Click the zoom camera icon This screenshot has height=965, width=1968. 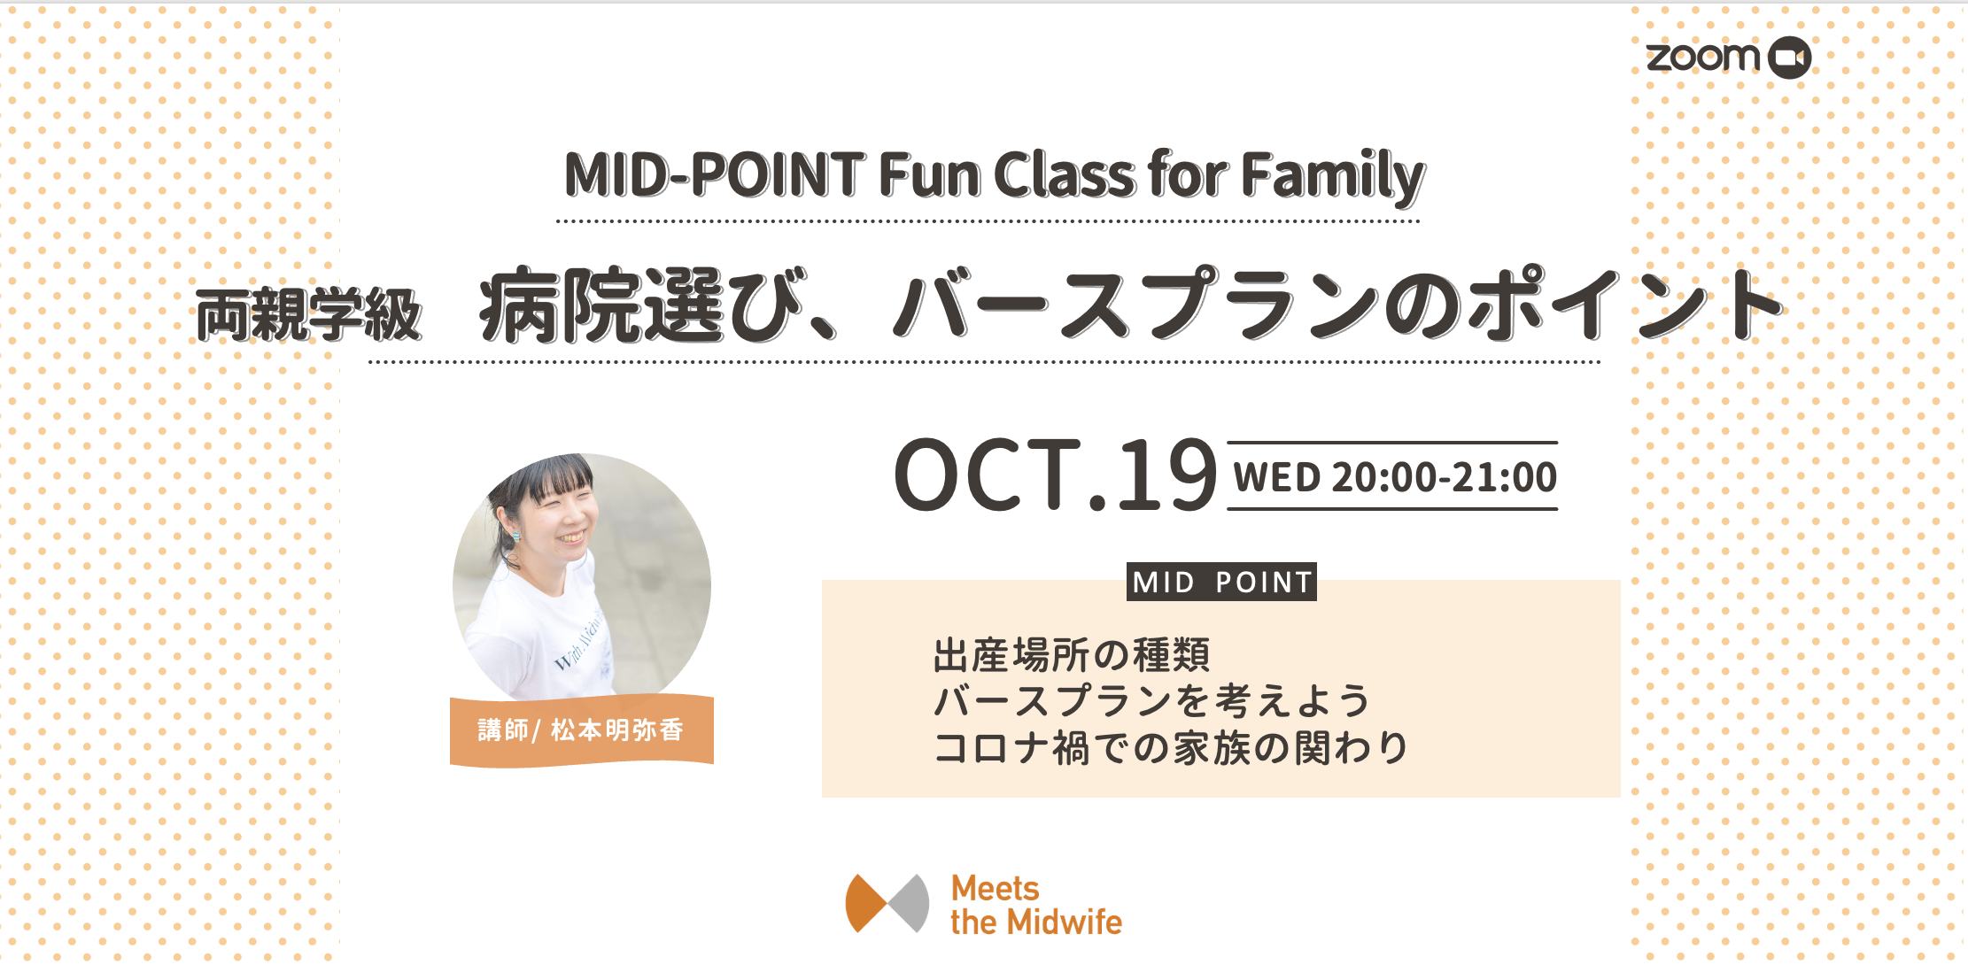click(1789, 58)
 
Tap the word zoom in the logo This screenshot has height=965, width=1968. click(1703, 58)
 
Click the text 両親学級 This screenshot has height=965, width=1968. click(308, 315)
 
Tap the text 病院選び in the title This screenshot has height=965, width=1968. click(641, 305)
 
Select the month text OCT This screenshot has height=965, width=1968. click(989, 475)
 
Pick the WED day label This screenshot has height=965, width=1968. click(1276, 477)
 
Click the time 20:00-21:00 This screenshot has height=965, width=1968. click(1444, 477)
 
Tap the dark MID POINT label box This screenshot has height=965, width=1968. click(1221, 582)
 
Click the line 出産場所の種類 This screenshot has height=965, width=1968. click(1072, 655)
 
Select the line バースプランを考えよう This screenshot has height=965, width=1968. click(1151, 701)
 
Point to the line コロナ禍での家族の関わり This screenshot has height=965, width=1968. click(1171, 748)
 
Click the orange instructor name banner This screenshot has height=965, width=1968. click(582, 731)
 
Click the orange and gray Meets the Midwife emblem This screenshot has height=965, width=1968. click(887, 904)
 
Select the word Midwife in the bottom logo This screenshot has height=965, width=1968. click(1066, 922)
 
